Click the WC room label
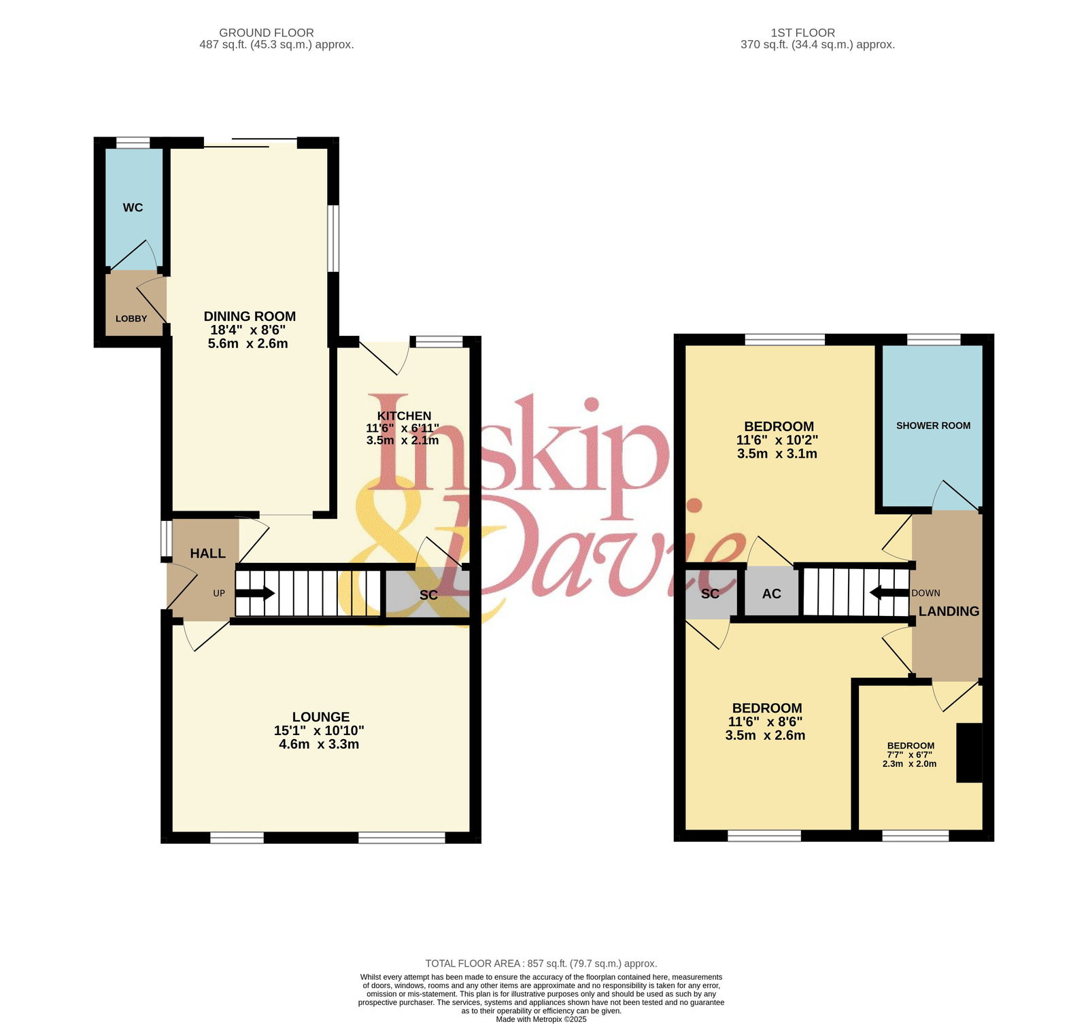point(133,207)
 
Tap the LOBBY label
point(131,318)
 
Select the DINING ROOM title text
point(250,316)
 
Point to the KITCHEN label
point(404,416)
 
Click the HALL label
point(207,553)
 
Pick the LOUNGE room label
point(321,717)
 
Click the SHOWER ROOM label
point(933,426)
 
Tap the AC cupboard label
point(772,594)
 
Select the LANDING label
point(949,611)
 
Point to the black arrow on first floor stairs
point(889,593)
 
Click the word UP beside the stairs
point(219,593)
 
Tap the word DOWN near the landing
point(925,593)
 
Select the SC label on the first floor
point(710,594)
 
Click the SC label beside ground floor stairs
point(428,595)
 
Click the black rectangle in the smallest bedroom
point(970,753)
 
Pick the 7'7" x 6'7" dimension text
point(909,755)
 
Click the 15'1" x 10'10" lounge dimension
point(319,730)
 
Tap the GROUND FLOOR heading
point(267,33)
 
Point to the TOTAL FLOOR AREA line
point(541,963)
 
